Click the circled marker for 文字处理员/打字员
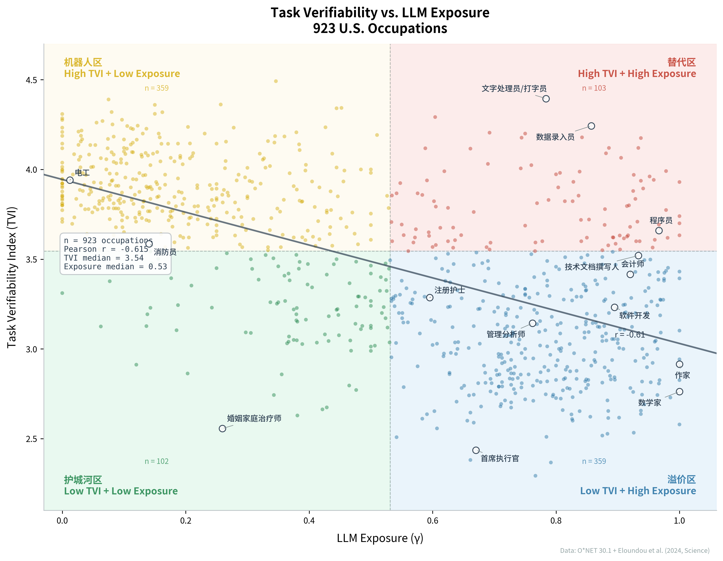(546, 99)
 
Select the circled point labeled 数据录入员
(591, 126)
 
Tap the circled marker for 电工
(70, 180)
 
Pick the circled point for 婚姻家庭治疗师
(222, 428)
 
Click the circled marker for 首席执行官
(476, 450)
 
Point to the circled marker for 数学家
(679, 392)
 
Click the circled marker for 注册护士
(430, 298)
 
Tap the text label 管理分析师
(506, 334)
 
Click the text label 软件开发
(634, 315)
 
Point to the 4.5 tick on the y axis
(31, 80)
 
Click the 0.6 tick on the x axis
(432, 521)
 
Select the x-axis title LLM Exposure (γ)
(380, 538)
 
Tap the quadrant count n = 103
(594, 88)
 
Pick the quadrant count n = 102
(156, 461)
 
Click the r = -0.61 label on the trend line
(630, 335)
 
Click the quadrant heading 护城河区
(83, 480)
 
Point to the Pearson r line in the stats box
(106, 249)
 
